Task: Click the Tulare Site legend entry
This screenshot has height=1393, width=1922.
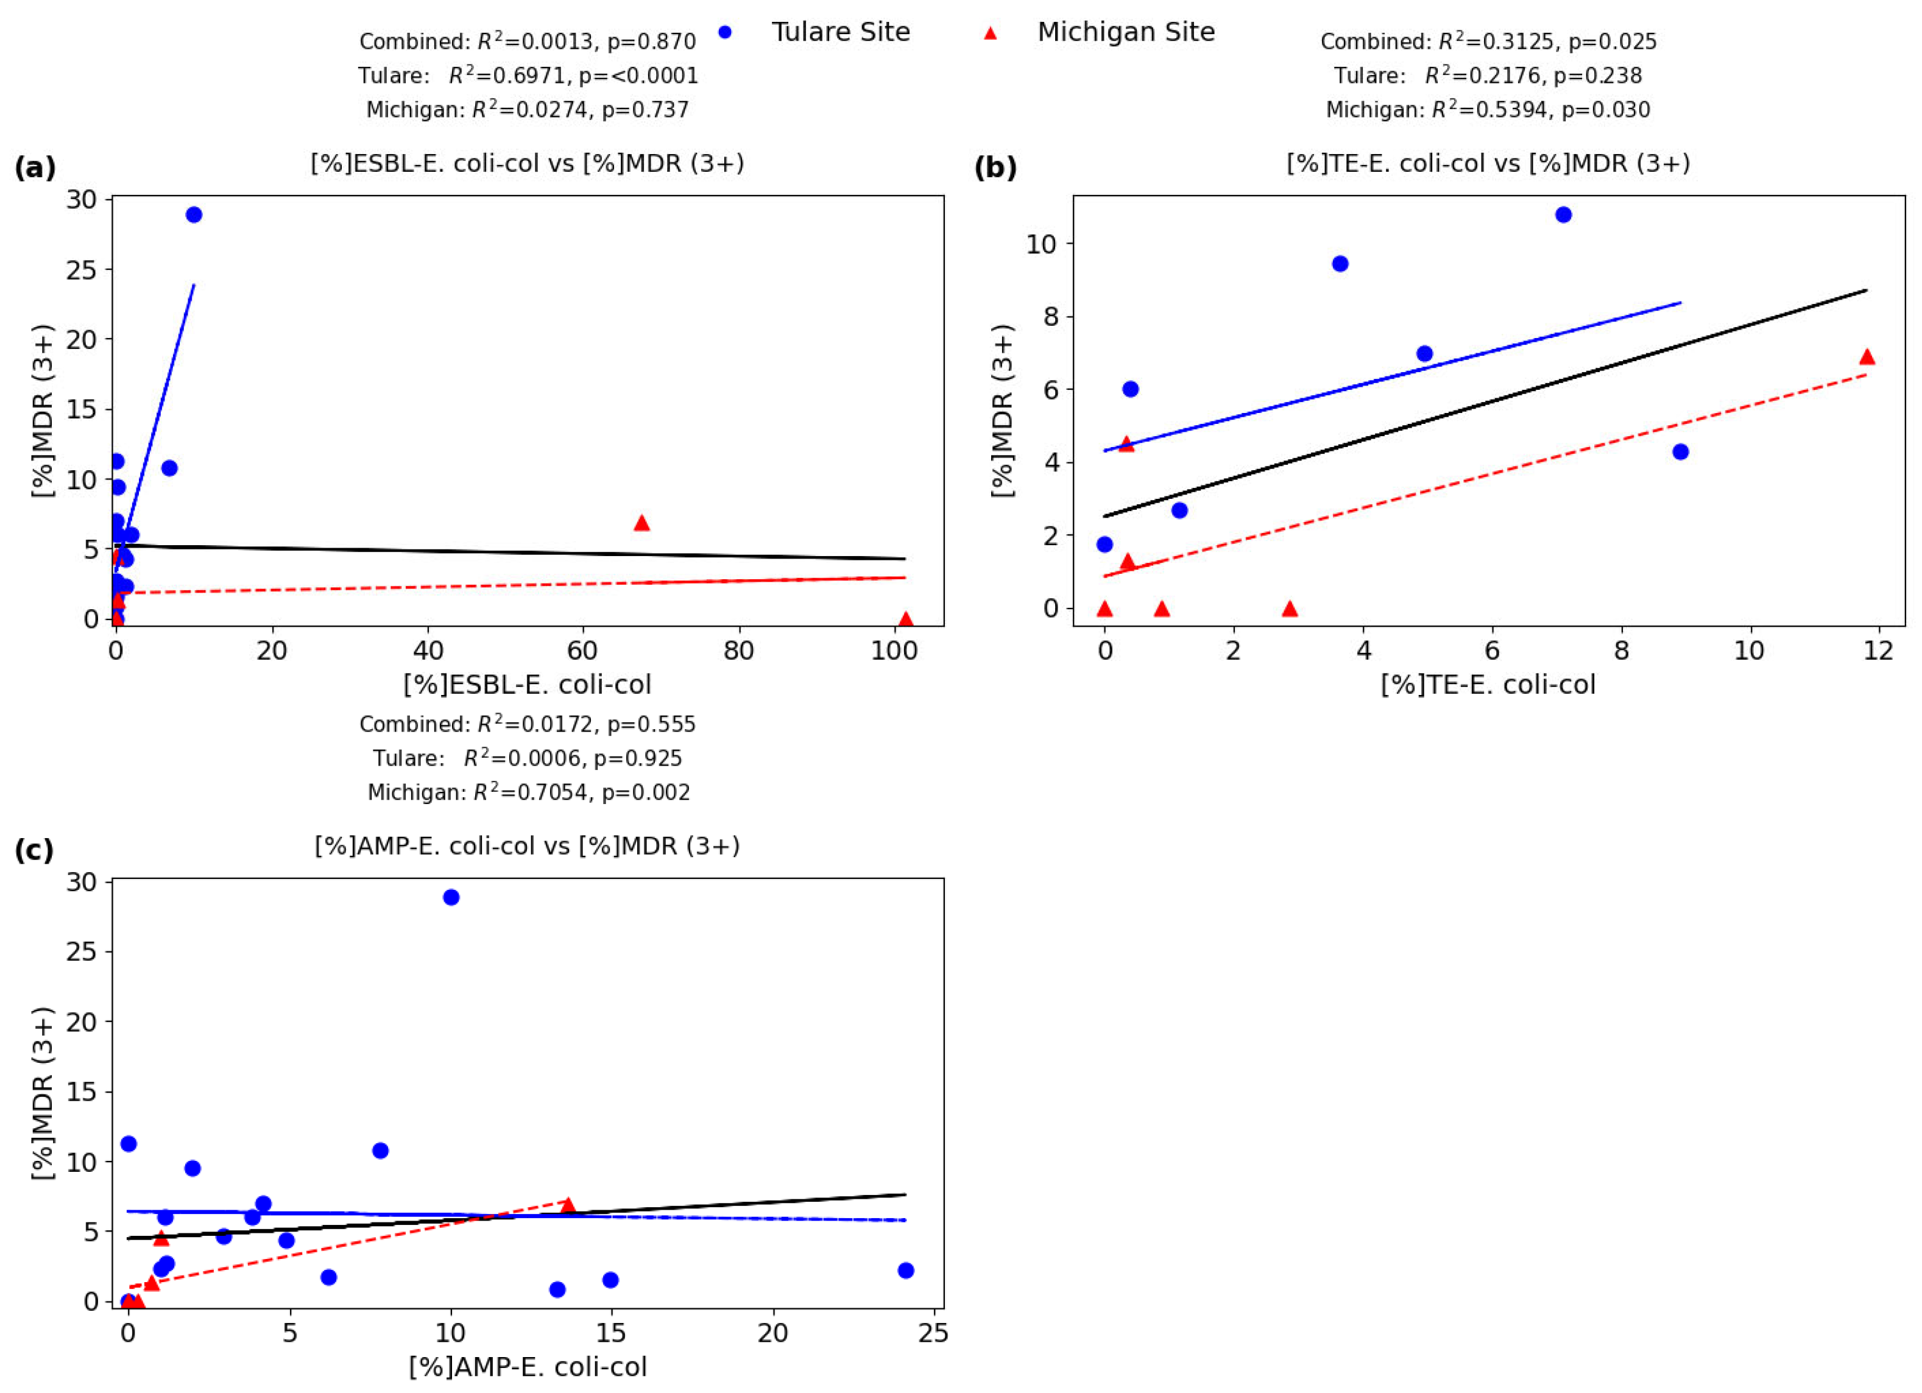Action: (x=839, y=32)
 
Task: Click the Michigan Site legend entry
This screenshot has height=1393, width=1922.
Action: (x=1125, y=32)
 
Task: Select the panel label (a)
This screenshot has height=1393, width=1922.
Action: (x=35, y=168)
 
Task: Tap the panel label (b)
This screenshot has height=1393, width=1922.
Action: (x=995, y=168)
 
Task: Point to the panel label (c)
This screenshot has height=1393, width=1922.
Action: (x=34, y=850)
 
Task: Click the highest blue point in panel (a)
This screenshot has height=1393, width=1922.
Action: (x=194, y=214)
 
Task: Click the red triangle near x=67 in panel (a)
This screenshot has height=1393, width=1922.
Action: (x=641, y=523)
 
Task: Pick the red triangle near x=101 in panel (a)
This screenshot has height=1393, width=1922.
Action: (x=905, y=619)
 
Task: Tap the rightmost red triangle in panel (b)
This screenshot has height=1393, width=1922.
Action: (x=1866, y=357)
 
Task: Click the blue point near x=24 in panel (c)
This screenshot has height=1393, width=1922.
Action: (x=905, y=1270)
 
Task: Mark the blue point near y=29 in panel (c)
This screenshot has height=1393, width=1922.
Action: (x=451, y=897)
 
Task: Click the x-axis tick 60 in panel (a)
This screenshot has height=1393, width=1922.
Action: (x=583, y=651)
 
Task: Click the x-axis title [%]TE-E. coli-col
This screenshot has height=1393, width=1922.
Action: (x=1488, y=685)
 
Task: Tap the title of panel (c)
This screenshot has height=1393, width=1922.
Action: (x=527, y=845)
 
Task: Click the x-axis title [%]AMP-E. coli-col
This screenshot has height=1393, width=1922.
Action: (x=527, y=1367)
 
